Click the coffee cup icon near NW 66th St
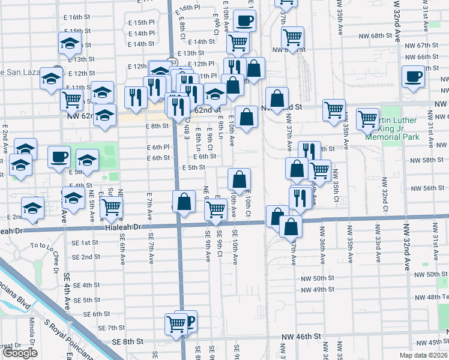[414, 76]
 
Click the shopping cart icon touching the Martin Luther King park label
[367, 118]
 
